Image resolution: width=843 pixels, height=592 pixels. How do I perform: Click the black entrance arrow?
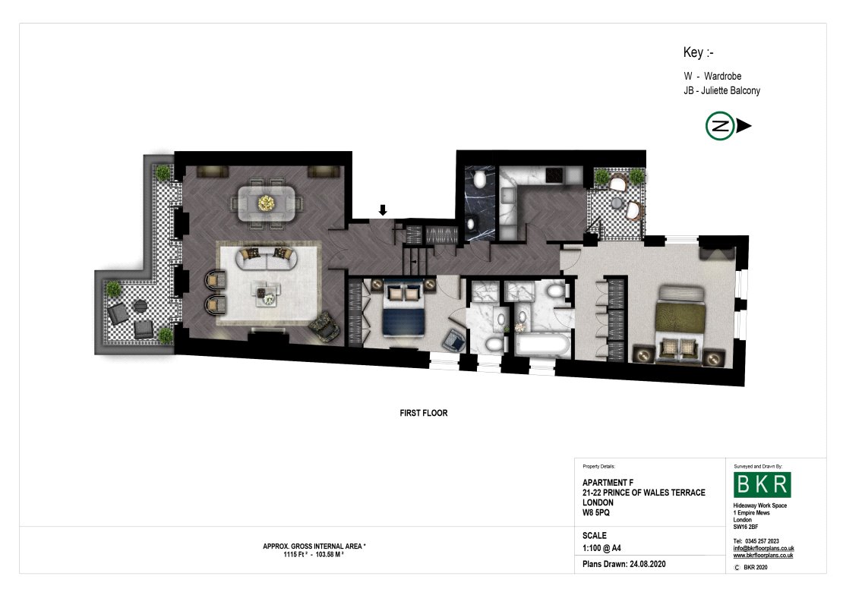pyautogui.click(x=383, y=209)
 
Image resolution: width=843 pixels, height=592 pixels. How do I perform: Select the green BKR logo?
pyautogui.click(x=762, y=484)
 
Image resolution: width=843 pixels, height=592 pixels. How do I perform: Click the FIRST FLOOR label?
pyautogui.click(x=424, y=413)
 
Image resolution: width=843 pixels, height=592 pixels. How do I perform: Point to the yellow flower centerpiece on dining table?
pyautogui.click(x=266, y=203)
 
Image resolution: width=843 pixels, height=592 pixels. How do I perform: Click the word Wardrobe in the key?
pyautogui.click(x=722, y=77)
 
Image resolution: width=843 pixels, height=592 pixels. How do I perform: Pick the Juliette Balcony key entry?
pyautogui.click(x=722, y=91)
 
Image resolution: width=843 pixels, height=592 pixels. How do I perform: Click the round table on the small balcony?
pyautogui.click(x=616, y=203)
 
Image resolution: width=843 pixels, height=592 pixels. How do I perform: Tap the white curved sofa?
pyautogui.click(x=267, y=259)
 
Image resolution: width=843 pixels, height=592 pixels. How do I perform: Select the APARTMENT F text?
pyautogui.click(x=608, y=483)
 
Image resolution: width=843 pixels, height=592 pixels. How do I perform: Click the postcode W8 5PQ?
pyautogui.click(x=596, y=512)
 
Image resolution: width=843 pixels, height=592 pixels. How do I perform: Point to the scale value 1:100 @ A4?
pyautogui.click(x=601, y=548)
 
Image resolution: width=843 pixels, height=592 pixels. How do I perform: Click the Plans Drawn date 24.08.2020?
pyautogui.click(x=647, y=564)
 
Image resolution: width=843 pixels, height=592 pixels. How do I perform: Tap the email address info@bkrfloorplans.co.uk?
pyautogui.click(x=763, y=549)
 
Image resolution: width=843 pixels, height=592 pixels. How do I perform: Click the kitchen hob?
pyautogui.click(x=554, y=175)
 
